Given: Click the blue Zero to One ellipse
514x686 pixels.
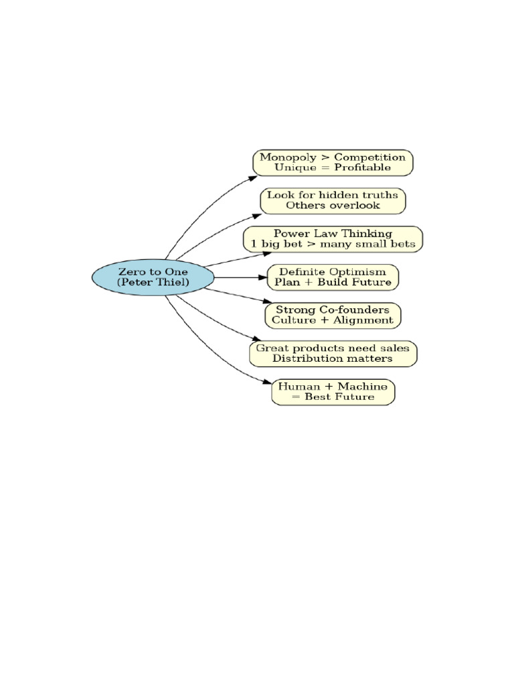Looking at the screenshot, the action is (153, 277).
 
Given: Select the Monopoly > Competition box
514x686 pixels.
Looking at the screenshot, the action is (333, 163).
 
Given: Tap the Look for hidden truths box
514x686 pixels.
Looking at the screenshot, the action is (333, 201).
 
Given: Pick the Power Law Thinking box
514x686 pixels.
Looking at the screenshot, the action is (333, 239).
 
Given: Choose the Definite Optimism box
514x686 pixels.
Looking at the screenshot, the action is (333, 277).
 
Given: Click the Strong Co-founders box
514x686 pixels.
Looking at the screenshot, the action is (333, 316).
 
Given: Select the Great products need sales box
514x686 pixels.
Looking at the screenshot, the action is (333, 354).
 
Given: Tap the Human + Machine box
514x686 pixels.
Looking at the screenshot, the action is (333, 392).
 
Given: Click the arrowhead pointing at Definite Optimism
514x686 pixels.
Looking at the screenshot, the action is (262, 277).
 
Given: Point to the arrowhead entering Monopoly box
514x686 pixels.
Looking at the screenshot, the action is (252, 178).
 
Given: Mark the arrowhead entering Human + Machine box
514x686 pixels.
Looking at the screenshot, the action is (267, 382).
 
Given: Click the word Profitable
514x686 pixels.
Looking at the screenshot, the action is (363, 167).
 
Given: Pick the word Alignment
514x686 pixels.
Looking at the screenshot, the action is (363, 320).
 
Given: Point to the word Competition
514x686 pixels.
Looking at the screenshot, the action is (369, 157).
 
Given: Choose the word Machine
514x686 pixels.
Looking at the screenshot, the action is (363, 387).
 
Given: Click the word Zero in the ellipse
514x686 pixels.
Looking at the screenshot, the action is (131, 272).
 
